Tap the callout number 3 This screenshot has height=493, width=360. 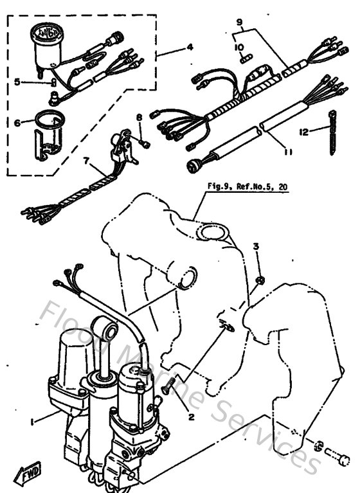256,247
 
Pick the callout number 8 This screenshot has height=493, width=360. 138,118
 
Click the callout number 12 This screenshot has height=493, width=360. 303,131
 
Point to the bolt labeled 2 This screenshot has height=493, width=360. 170,387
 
